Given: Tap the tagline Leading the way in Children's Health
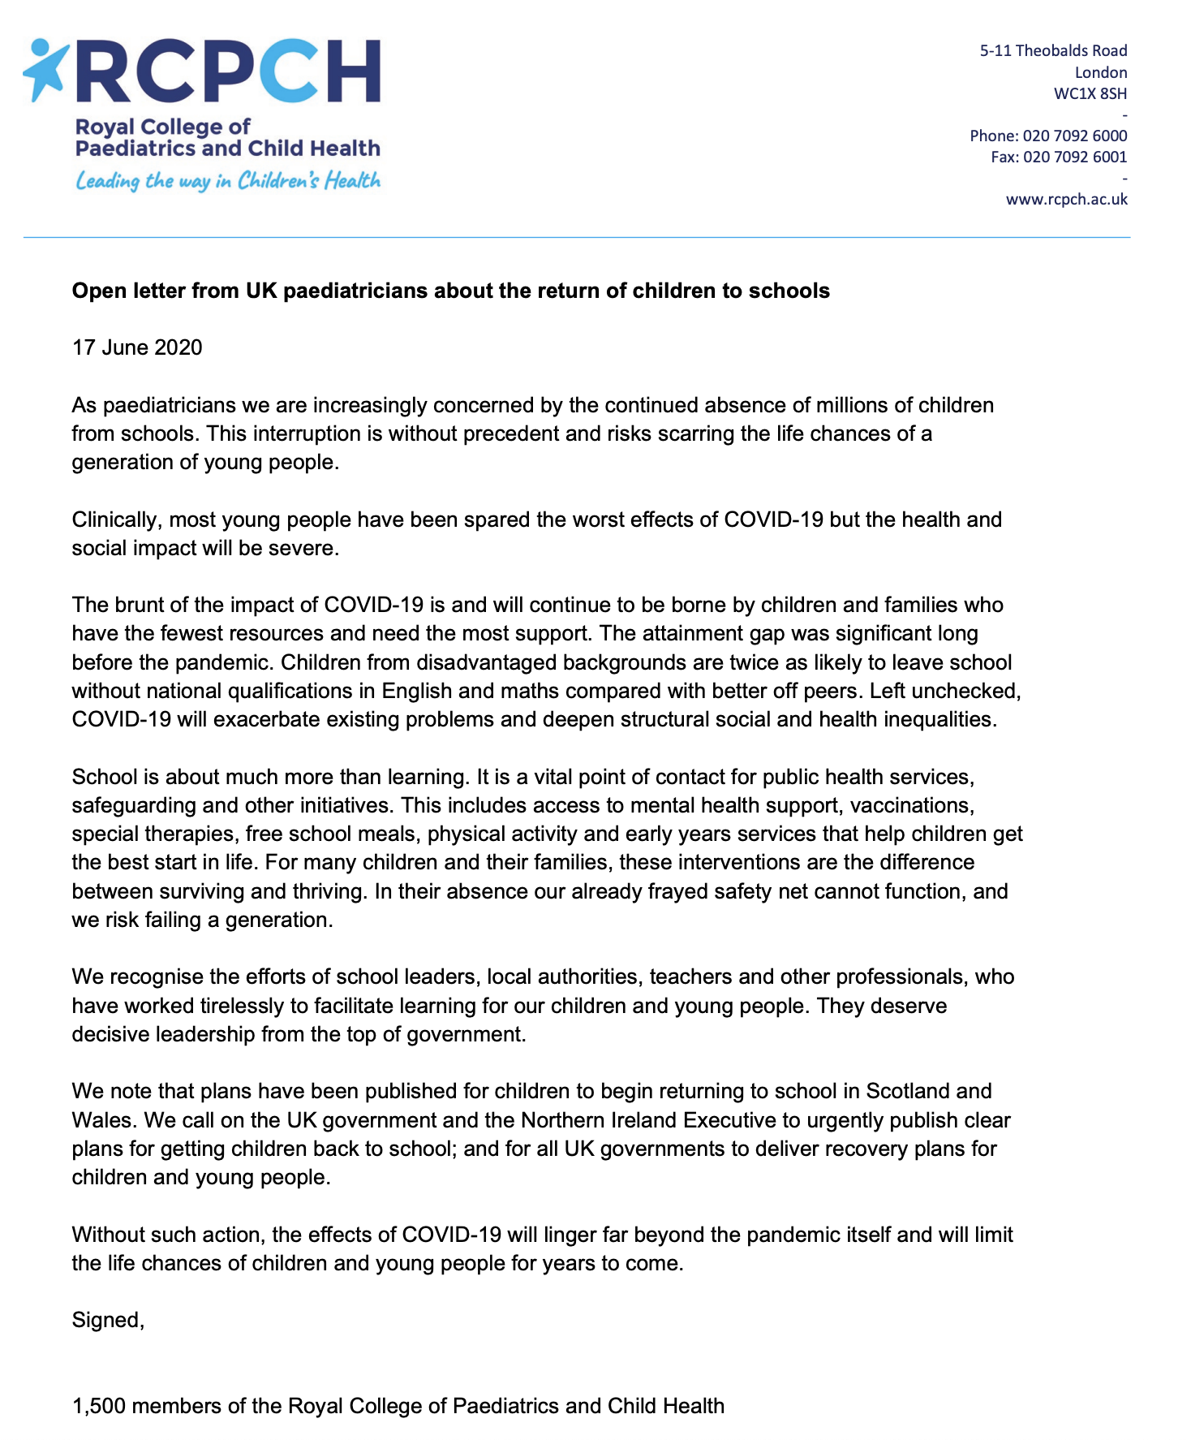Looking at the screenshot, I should tap(228, 180).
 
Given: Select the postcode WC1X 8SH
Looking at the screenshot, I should tap(1090, 93).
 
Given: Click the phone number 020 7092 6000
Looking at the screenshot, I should tap(1074, 136).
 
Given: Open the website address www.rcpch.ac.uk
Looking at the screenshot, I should tap(1066, 199).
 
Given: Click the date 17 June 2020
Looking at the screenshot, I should tap(137, 347).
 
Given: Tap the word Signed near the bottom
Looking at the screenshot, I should tap(108, 1320).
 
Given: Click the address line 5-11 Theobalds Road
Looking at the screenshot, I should tap(1053, 50).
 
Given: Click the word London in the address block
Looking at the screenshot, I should tap(1101, 72).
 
